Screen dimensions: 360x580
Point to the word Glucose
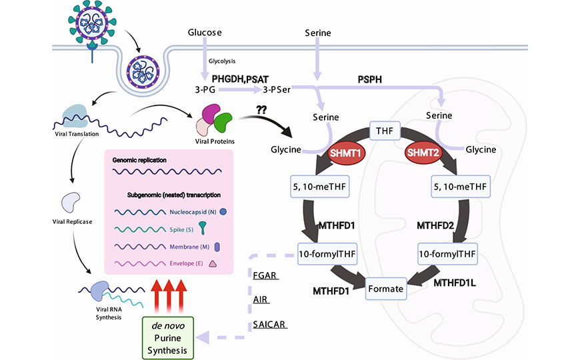(204, 33)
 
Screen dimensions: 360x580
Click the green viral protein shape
(223, 122)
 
